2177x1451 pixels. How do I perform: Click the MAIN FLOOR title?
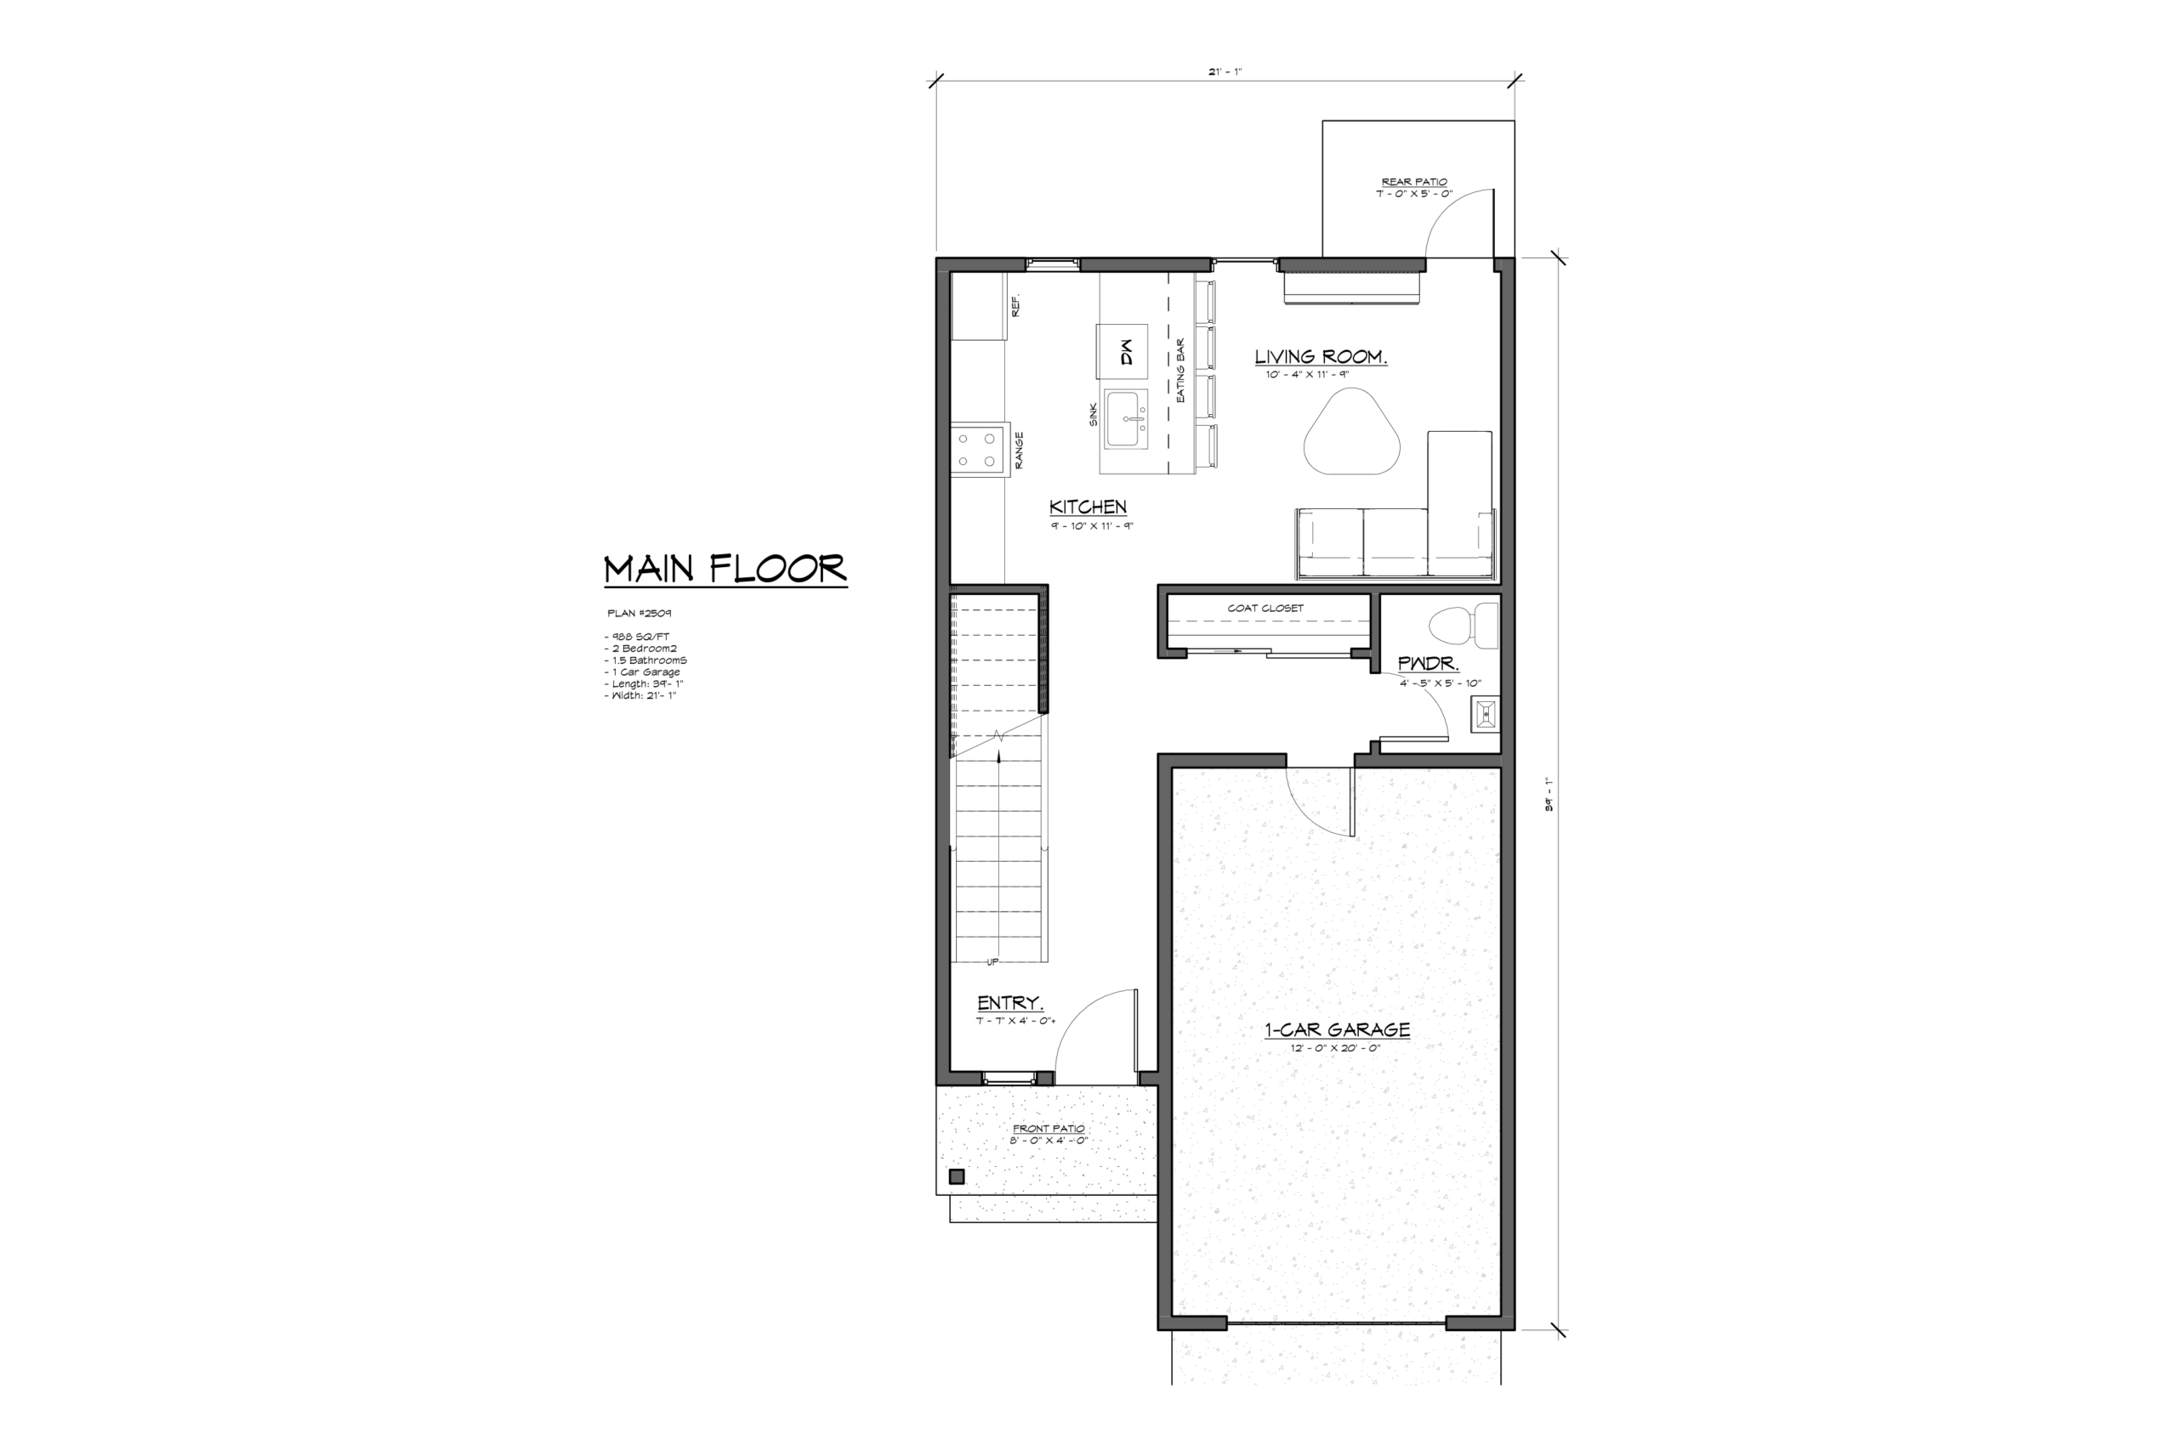click(x=725, y=570)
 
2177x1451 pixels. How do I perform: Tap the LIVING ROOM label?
click(x=1321, y=357)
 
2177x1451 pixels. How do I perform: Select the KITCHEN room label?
click(x=1088, y=507)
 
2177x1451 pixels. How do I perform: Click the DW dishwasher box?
click(x=1122, y=352)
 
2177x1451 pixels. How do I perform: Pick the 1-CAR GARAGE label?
click(x=1338, y=1030)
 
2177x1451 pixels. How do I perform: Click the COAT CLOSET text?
click(x=1265, y=608)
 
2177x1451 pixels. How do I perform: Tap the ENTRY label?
click(x=1009, y=1003)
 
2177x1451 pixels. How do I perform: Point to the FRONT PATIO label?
click(x=1049, y=1128)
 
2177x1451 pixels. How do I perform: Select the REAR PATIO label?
click(x=1414, y=182)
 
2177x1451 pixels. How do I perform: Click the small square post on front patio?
click(x=957, y=1177)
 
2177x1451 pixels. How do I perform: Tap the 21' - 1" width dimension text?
click(x=1225, y=71)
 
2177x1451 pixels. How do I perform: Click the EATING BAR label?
click(x=1181, y=370)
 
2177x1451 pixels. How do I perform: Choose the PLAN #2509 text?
click(x=639, y=613)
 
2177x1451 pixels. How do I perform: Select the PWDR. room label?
click(x=1428, y=664)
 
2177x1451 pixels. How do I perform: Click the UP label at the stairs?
click(x=992, y=962)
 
